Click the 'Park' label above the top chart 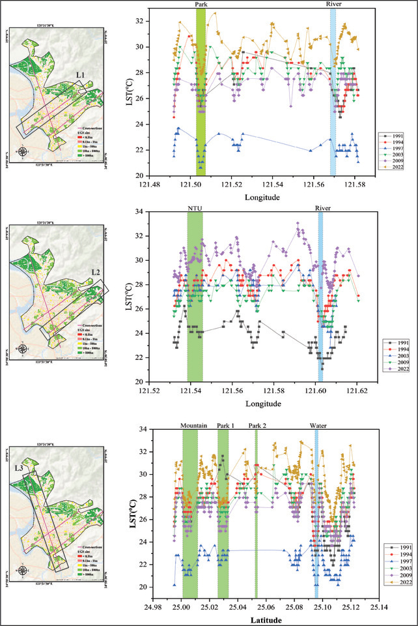[201, 4]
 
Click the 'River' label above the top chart [335, 4]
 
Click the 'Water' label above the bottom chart [318, 425]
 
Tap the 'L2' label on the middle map [96, 272]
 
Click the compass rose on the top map [23, 152]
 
